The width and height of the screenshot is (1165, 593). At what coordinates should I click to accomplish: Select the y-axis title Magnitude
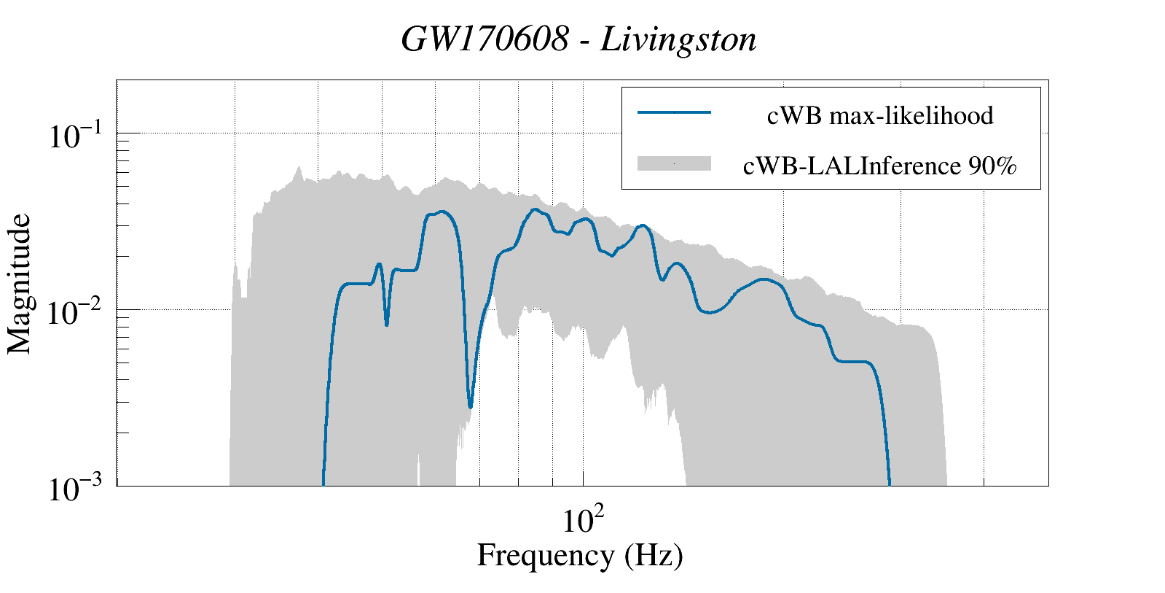coord(20,284)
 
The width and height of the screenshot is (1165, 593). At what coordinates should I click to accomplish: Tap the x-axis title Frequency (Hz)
coord(580,556)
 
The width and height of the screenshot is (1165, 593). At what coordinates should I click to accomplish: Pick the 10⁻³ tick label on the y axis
coord(77,489)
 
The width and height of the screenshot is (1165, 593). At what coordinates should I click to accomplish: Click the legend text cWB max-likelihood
coord(880,115)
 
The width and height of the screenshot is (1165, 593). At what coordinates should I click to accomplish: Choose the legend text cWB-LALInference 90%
coord(879,166)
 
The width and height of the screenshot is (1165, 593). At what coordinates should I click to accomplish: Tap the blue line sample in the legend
coord(674,112)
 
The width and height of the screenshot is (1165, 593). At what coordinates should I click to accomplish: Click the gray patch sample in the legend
coord(674,164)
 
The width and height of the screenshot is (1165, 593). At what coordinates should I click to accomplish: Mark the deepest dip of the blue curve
coord(471,406)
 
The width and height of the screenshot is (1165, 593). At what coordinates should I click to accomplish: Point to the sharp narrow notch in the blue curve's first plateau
coord(386,324)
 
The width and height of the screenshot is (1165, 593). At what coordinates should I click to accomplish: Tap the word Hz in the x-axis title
coord(651,556)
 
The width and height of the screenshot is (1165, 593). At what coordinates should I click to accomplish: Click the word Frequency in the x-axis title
coord(545,556)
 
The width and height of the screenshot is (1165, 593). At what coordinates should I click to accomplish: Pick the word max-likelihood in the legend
coord(911,115)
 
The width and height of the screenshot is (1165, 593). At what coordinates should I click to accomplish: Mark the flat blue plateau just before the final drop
coord(852,361)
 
